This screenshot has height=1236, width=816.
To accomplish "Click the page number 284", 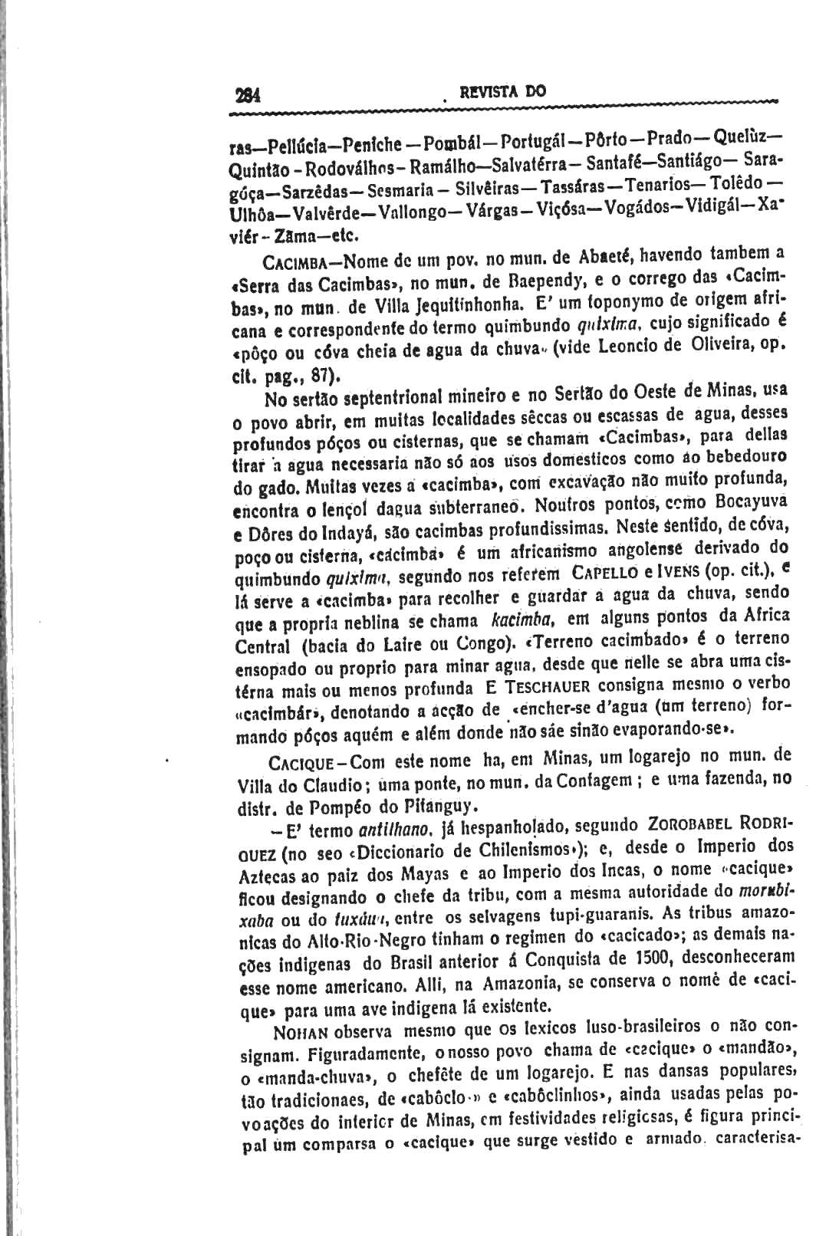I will (x=249, y=95).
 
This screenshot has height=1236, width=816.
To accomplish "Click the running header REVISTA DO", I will (x=502, y=91).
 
